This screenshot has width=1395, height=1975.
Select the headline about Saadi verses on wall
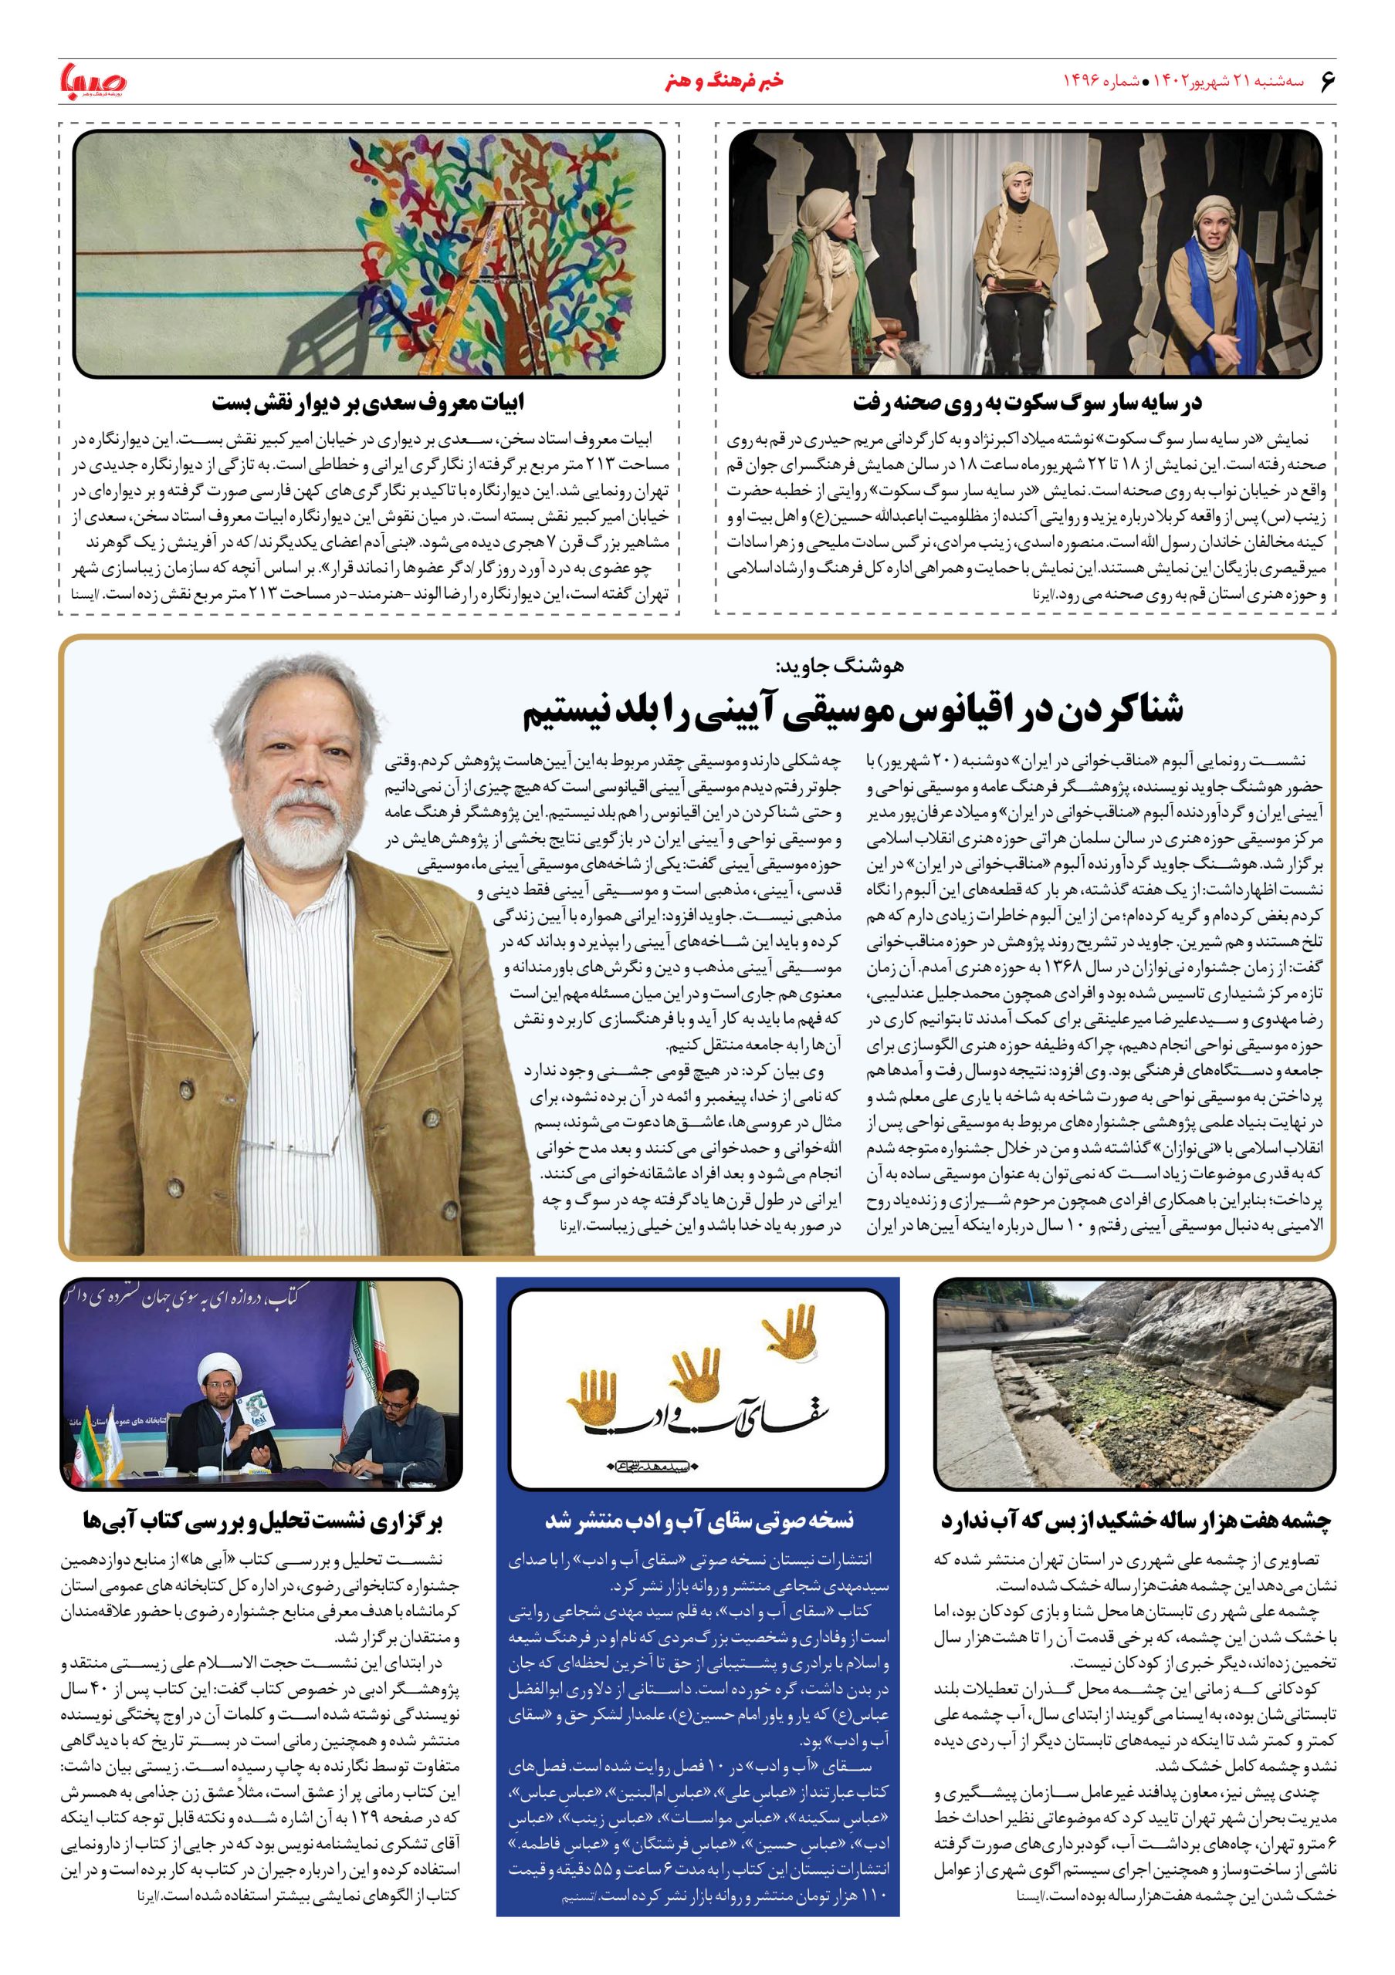[369, 402]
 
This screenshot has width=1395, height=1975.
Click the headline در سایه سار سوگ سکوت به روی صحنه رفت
[1027, 402]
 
